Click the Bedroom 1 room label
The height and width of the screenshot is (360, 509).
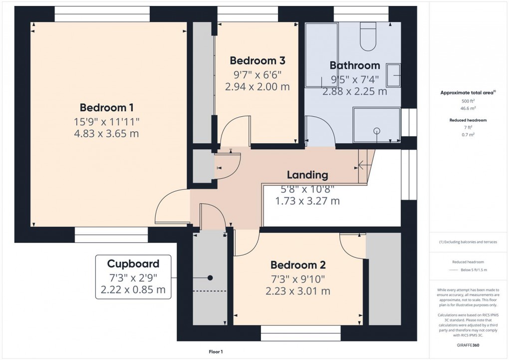point(106,107)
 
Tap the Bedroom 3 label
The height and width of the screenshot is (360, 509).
point(257,61)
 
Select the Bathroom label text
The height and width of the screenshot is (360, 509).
point(354,65)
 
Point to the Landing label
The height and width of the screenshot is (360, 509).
point(307,175)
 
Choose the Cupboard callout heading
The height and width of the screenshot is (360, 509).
point(133,264)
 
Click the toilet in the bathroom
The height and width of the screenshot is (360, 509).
point(368,38)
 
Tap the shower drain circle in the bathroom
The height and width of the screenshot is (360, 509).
point(377,131)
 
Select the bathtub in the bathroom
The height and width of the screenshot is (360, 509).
point(321,55)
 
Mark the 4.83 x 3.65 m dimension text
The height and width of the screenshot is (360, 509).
point(106,134)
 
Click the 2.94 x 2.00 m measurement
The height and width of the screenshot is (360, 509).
point(257,86)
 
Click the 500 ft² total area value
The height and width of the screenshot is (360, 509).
point(468,101)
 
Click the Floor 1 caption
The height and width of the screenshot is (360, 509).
point(216,352)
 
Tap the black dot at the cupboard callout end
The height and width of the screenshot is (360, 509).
point(210,278)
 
